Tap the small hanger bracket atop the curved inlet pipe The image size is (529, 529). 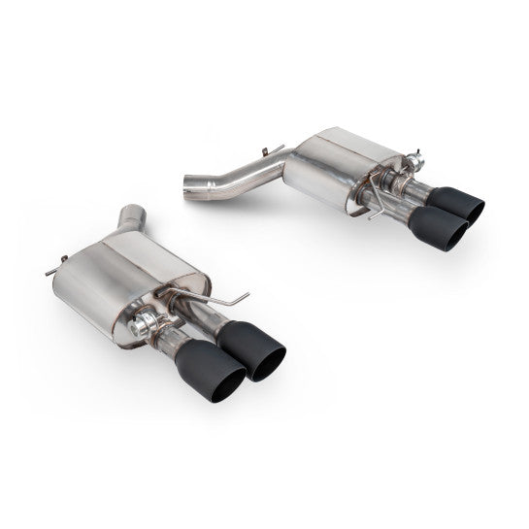coord(273,152)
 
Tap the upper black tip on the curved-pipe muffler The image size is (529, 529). coord(455,203)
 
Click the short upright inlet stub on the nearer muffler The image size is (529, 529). coord(132,219)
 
